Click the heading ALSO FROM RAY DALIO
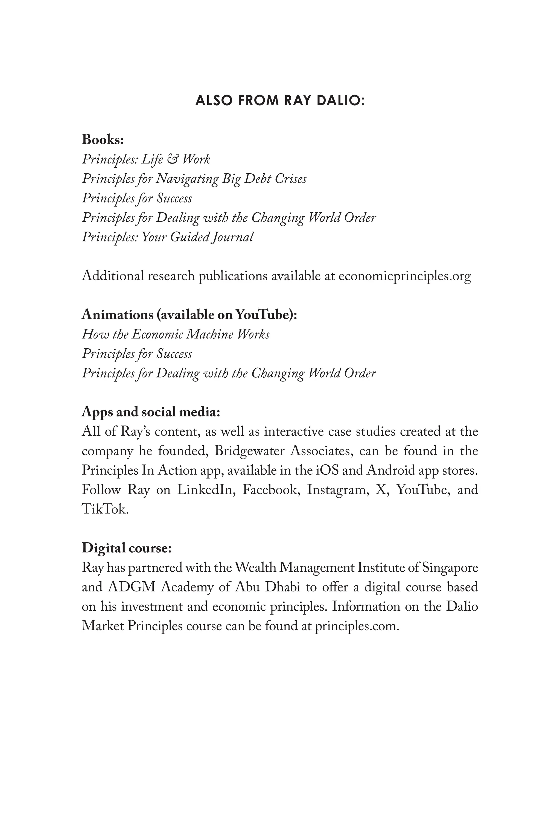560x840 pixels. [x=280, y=101]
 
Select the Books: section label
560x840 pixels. [x=103, y=140]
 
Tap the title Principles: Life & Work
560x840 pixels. [x=146, y=159]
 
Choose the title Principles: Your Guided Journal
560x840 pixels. [x=168, y=237]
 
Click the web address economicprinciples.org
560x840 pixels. [x=404, y=276]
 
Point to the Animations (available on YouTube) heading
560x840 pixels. [x=189, y=315]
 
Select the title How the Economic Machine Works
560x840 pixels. [x=175, y=334]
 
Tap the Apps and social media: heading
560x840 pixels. [x=151, y=412]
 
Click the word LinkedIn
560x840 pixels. [x=205, y=490]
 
